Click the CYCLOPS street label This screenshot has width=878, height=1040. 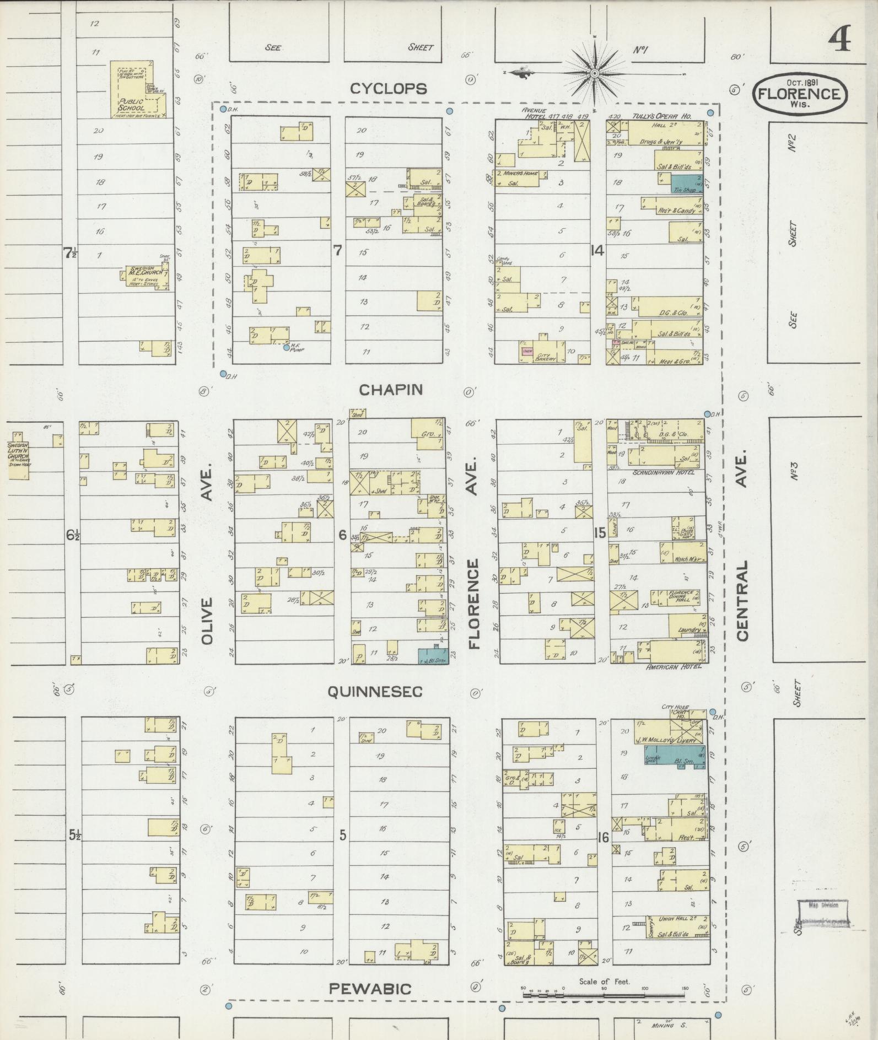click(389, 89)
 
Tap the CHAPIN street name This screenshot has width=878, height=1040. click(391, 390)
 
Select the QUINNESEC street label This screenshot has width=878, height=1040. click(375, 691)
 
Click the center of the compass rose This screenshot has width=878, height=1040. click(595, 73)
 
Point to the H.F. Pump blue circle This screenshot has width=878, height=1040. click(286, 347)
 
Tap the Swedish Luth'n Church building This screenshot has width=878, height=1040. click(18, 450)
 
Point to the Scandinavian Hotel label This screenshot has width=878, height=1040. click(664, 472)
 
